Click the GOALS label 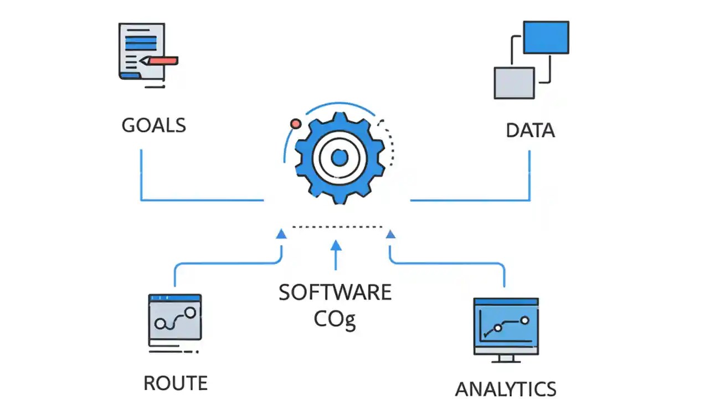tap(153, 125)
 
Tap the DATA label tap(530, 131)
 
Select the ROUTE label tap(176, 383)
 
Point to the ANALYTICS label tap(505, 388)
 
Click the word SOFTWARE tap(335, 292)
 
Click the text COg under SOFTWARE tap(335, 319)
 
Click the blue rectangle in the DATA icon tap(546, 37)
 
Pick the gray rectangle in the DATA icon tap(514, 83)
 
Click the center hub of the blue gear tap(339, 158)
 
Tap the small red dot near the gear tap(296, 124)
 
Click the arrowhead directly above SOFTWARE tap(336, 244)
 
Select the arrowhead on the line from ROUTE tap(281, 234)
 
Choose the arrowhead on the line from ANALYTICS tap(391, 234)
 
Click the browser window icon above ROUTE tap(175, 317)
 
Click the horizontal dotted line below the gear tap(337, 227)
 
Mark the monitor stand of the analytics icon tap(506, 359)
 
